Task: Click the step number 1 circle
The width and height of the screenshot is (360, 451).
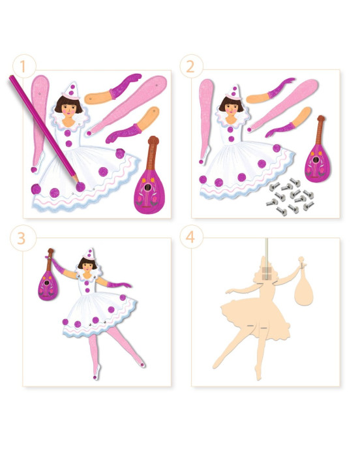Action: pos(24,67)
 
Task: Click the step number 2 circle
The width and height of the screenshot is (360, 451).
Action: pos(191,67)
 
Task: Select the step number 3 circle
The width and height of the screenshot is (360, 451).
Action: pos(22,238)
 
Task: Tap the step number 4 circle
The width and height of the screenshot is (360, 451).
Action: pos(191,237)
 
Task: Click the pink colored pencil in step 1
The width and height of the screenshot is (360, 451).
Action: pos(44,129)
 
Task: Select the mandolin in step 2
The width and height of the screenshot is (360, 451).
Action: pos(318,149)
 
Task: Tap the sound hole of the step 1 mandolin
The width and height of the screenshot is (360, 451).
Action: pos(147,187)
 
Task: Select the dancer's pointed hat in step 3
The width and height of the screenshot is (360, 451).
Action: pos(89,255)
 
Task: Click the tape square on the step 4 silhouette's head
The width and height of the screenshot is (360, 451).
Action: pos(267,273)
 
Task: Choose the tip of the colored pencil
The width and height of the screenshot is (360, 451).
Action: pos(78,181)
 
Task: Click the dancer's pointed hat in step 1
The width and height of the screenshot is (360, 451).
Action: pos(71,91)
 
